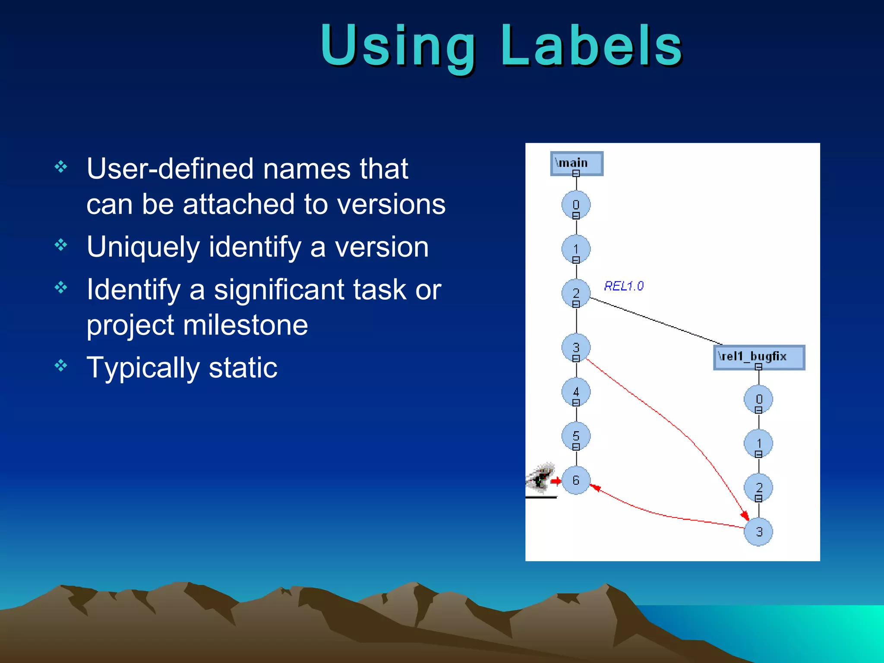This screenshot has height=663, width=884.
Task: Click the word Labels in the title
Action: pyautogui.click(x=591, y=47)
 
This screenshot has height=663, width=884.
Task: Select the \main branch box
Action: pyautogui.click(x=577, y=164)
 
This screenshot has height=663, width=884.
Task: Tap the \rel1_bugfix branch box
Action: pyautogui.click(x=759, y=357)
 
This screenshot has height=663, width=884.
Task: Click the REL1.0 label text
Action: pyautogui.click(x=623, y=286)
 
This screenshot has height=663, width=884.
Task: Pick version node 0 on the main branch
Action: pyautogui.click(x=576, y=205)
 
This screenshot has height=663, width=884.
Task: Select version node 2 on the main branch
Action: pyautogui.click(x=576, y=294)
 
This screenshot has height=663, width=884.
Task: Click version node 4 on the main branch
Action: pyautogui.click(x=576, y=392)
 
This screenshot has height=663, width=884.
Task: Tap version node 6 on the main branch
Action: pyautogui.click(x=576, y=480)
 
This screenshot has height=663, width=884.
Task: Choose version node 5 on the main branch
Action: pyautogui.click(x=576, y=436)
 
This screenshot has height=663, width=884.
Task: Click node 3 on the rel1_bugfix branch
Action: pyautogui.click(x=758, y=532)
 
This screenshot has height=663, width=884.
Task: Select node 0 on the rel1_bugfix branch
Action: pyautogui.click(x=758, y=399)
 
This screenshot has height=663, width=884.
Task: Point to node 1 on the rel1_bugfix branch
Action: pyautogui.click(x=758, y=443)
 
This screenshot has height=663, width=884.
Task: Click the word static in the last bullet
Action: pyautogui.click(x=243, y=368)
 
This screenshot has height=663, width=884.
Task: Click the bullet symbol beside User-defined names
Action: pyautogui.click(x=61, y=167)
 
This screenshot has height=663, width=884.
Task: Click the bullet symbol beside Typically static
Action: pyautogui.click(x=61, y=366)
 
